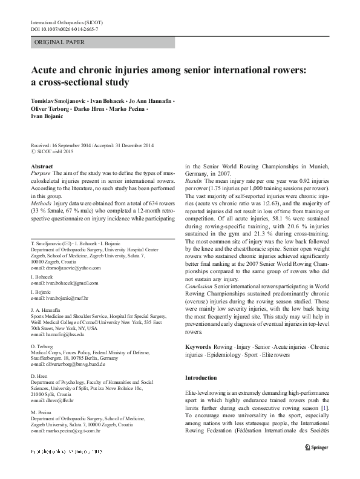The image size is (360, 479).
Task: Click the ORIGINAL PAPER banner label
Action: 59,42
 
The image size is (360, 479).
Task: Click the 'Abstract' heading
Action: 41,166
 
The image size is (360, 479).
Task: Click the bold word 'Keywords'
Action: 199,346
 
